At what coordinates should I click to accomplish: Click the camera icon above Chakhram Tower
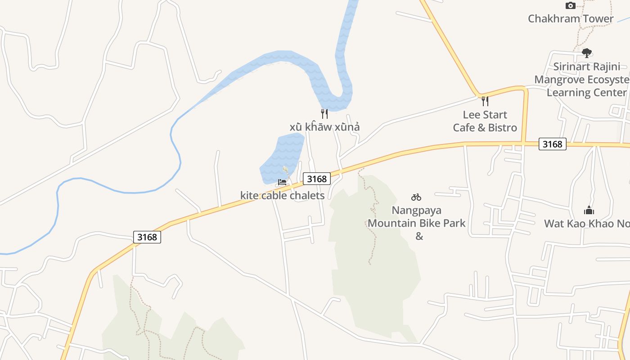[570, 6]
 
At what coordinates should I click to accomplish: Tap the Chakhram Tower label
[570, 18]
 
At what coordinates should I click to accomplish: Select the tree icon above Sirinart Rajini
[586, 53]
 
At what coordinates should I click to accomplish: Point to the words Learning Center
[586, 92]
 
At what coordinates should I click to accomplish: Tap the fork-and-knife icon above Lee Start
[485, 101]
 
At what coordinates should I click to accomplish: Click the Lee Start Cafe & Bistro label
[485, 121]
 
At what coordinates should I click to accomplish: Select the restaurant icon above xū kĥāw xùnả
[324, 113]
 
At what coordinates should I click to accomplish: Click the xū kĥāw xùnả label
[324, 127]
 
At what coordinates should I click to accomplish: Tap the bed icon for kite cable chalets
[282, 182]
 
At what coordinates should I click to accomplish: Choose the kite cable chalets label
[282, 195]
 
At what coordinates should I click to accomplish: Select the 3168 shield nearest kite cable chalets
[316, 179]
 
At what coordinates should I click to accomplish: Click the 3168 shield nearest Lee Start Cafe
[552, 144]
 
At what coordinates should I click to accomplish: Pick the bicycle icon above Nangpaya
[416, 197]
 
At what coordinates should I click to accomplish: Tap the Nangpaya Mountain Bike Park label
[416, 216]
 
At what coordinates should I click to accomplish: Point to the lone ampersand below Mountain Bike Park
[419, 236]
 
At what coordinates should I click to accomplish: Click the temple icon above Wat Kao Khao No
[589, 210]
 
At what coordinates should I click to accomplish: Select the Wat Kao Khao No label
[587, 223]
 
